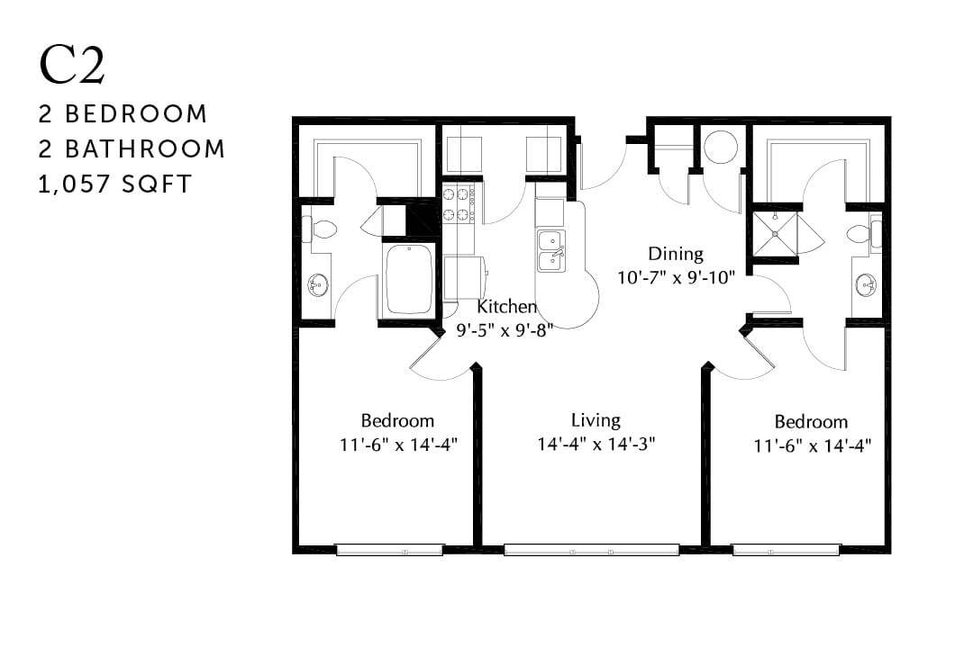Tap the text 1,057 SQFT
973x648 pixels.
pyautogui.click(x=115, y=184)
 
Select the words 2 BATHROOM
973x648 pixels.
pyautogui.click(x=132, y=148)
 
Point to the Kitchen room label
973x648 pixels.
pyautogui.click(x=506, y=307)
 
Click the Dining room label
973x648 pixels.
pyautogui.click(x=675, y=254)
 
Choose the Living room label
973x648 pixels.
pyautogui.click(x=596, y=420)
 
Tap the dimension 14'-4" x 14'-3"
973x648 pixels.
pyautogui.click(x=596, y=444)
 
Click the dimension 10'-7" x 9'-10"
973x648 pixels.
pyautogui.click(x=675, y=277)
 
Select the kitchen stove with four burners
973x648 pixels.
pyautogui.click(x=459, y=204)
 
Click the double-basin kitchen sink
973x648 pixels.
pyautogui.click(x=550, y=250)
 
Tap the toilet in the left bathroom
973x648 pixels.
pyautogui.click(x=319, y=229)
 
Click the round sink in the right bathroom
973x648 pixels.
pyautogui.click(x=865, y=285)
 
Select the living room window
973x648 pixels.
pyautogui.click(x=591, y=549)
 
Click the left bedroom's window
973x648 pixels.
pyautogui.click(x=389, y=549)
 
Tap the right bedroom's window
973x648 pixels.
pyautogui.click(x=786, y=549)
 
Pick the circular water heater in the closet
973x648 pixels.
pyautogui.click(x=720, y=148)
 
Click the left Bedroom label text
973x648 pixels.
pyautogui.click(x=397, y=420)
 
